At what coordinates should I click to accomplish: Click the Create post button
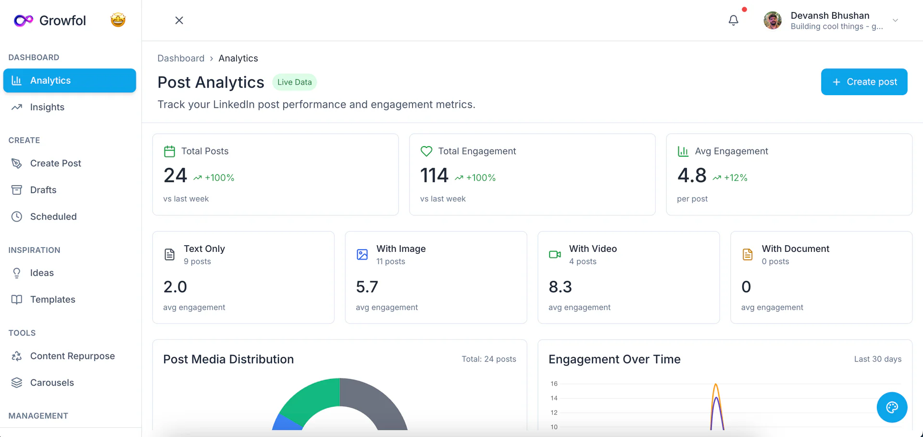tap(864, 82)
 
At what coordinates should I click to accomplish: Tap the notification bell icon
tap(733, 20)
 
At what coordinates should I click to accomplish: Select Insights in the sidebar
tap(47, 107)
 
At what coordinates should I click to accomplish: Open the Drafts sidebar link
tap(43, 190)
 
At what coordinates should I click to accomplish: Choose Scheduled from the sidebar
tap(53, 217)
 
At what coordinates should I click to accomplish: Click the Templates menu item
tap(52, 300)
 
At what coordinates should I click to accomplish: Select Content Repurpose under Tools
tap(72, 356)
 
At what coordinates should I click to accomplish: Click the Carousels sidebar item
tap(52, 383)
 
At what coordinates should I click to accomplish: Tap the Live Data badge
tap(294, 82)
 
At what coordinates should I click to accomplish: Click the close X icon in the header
tap(179, 20)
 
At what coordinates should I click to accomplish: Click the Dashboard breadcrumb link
tap(181, 58)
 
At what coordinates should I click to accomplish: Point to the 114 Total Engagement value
tap(434, 175)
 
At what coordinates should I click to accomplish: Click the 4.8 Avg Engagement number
tap(691, 175)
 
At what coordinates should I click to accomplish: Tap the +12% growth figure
tap(736, 178)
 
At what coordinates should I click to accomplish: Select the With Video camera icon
tap(555, 254)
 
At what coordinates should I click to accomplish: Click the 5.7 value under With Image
tap(367, 287)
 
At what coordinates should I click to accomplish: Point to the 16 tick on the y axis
tap(554, 384)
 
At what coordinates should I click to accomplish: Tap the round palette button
tap(892, 407)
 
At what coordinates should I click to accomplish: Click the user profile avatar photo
tap(773, 20)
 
